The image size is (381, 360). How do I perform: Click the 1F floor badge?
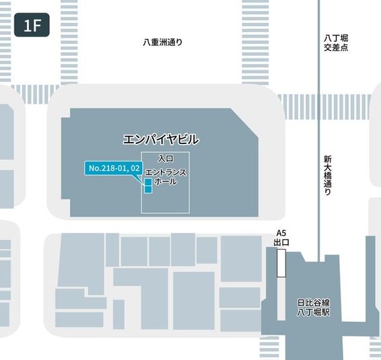coord(32,26)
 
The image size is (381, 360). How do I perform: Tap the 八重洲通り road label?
coord(163,42)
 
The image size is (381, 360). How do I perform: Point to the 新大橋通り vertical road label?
coord(327,175)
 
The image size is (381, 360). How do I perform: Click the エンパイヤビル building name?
coord(161,140)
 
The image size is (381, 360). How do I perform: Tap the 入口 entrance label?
coord(166,158)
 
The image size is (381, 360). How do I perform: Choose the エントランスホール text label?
coord(166,178)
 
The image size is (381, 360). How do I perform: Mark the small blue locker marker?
coord(148,186)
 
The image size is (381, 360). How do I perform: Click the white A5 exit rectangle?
coord(281,262)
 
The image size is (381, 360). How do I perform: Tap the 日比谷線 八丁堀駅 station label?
coord(313,308)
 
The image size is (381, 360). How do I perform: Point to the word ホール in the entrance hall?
coord(166,182)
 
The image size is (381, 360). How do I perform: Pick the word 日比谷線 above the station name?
coord(313,303)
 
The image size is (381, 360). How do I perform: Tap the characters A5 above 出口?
coord(282,233)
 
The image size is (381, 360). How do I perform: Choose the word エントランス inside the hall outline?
coord(166,173)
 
